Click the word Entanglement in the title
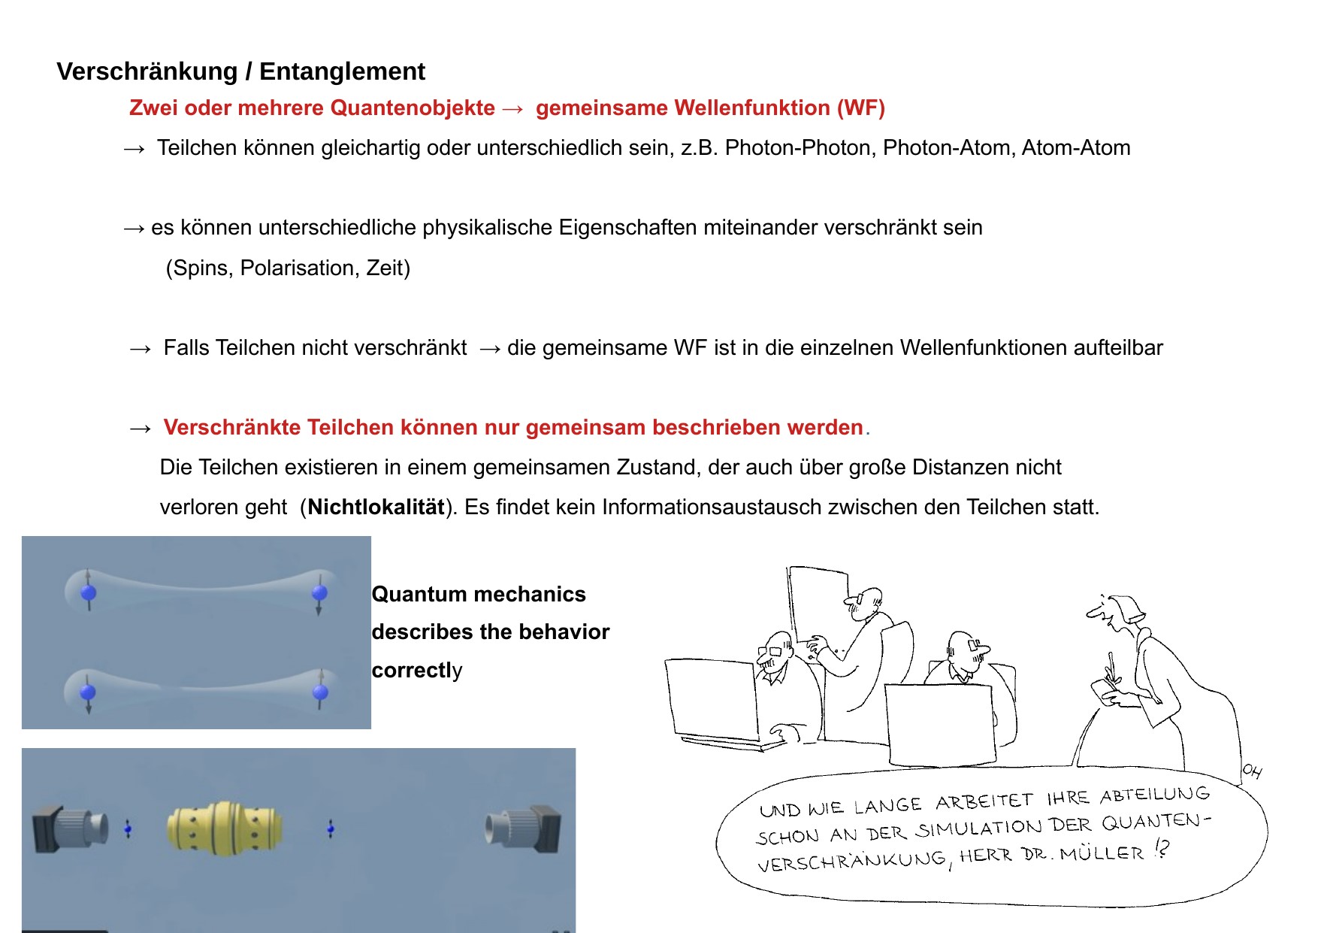342,71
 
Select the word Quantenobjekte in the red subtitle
413,108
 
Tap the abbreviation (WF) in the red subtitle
861,108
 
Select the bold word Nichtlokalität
376,507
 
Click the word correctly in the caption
417,670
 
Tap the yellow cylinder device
225,828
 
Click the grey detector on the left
71,828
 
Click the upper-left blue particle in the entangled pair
89,592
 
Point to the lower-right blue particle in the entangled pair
320,692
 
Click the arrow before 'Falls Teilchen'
140,348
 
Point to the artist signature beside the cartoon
1252,771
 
